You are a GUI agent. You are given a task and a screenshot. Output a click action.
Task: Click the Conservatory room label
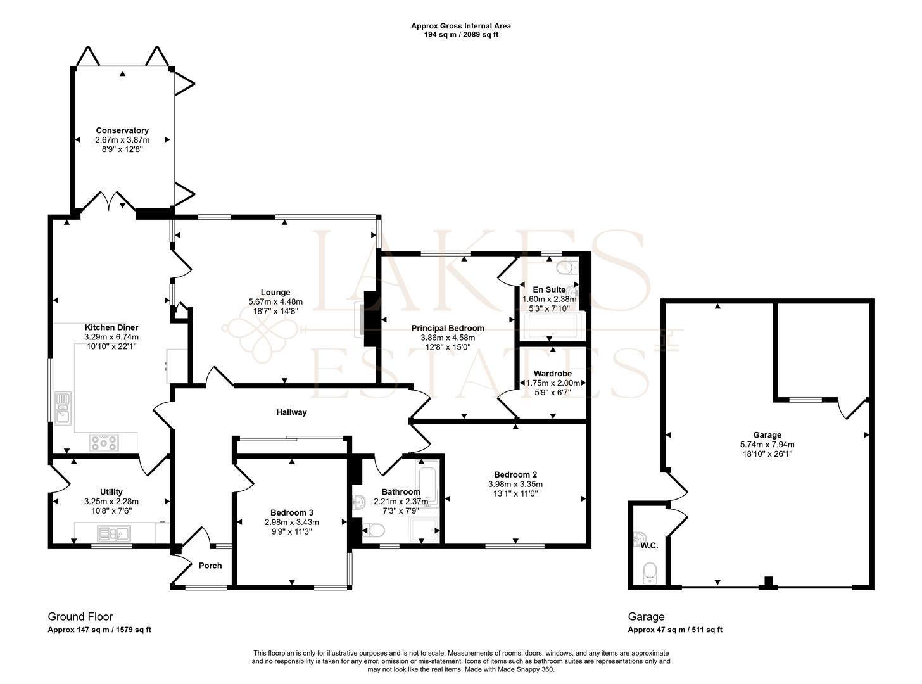(x=122, y=130)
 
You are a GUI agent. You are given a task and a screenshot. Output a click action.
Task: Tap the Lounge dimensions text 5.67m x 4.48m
(x=275, y=301)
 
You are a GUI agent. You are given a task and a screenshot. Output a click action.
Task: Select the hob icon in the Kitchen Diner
(x=104, y=442)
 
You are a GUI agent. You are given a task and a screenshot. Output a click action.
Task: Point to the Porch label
(x=210, y=566)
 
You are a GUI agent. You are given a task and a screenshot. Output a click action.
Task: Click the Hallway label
(x=291, y=412)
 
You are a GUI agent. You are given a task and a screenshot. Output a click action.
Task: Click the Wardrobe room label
(x=552, y=374)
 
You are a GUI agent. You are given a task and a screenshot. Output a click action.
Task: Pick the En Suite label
(x=548, y=289)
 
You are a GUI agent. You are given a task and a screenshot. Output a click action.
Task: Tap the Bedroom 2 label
(x=515, y=474)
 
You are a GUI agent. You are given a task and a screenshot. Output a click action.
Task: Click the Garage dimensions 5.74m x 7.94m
(x=767, y=444)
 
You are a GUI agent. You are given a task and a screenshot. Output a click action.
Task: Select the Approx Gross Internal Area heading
(x=460, y=26)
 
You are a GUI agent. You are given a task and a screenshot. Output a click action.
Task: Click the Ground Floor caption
(x=80, y=616)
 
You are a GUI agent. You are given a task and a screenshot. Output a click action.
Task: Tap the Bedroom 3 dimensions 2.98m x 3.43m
(x=291, y=522)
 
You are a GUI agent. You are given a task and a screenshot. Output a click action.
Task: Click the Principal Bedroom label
(x=448, y=328)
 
